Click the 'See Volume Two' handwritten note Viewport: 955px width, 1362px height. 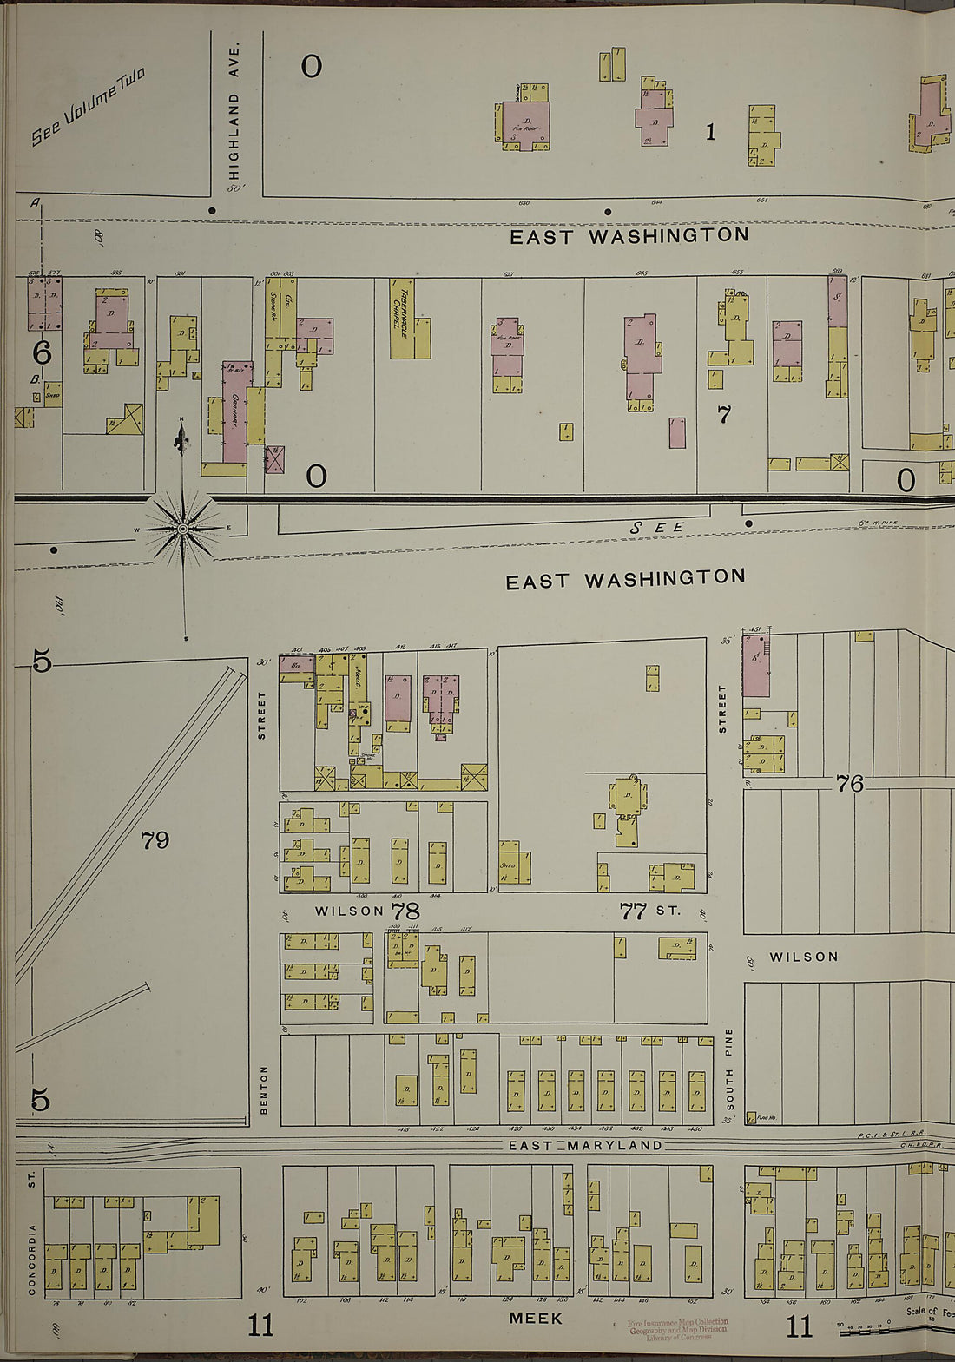click(x=89, y=106)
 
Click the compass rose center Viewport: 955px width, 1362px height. click(x=182, y=528)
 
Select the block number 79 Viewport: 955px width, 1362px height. click(x=155, y=839)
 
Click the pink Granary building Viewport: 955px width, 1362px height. click(x=235, y=412)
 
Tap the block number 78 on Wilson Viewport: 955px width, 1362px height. click(x=405, y=911)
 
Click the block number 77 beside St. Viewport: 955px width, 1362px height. click(x=633, y=911)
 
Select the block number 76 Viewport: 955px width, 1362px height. click(x=849, y=783)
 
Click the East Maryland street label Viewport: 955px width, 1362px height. click(x=585, y=1145)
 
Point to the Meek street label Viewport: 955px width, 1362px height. click(x=535, y=1318)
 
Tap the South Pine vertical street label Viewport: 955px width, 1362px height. click(x=729, y=1069)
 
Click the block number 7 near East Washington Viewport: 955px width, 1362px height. click(x=723, y=416)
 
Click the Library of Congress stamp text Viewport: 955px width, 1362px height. click(x=678, y=1330)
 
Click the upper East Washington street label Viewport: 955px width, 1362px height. click(x=629, y=235)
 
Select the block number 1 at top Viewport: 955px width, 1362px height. click(x=710, y=132)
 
